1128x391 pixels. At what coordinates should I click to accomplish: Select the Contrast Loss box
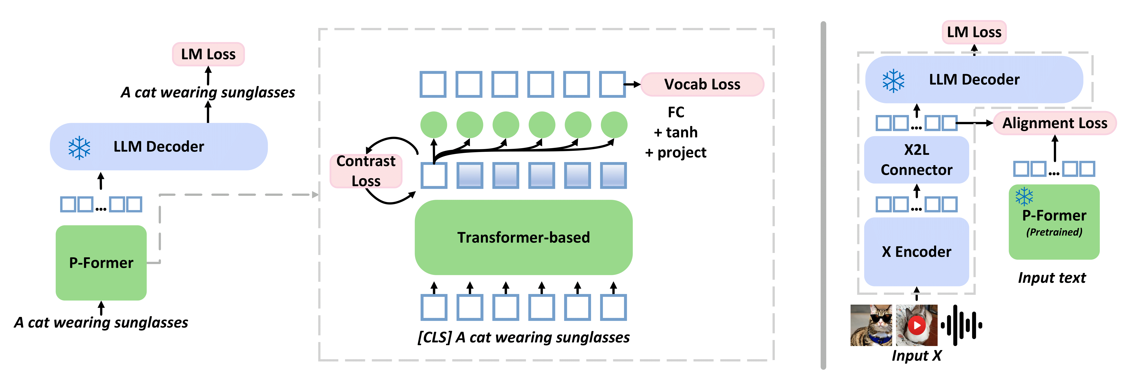coord(366,171)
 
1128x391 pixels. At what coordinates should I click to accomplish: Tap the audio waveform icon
coord(962,325)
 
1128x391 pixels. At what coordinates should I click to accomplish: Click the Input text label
coord(1052,278)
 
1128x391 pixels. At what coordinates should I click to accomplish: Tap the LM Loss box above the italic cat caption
coord(208,54)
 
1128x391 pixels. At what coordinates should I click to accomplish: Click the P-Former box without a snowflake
coord(101,262)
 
